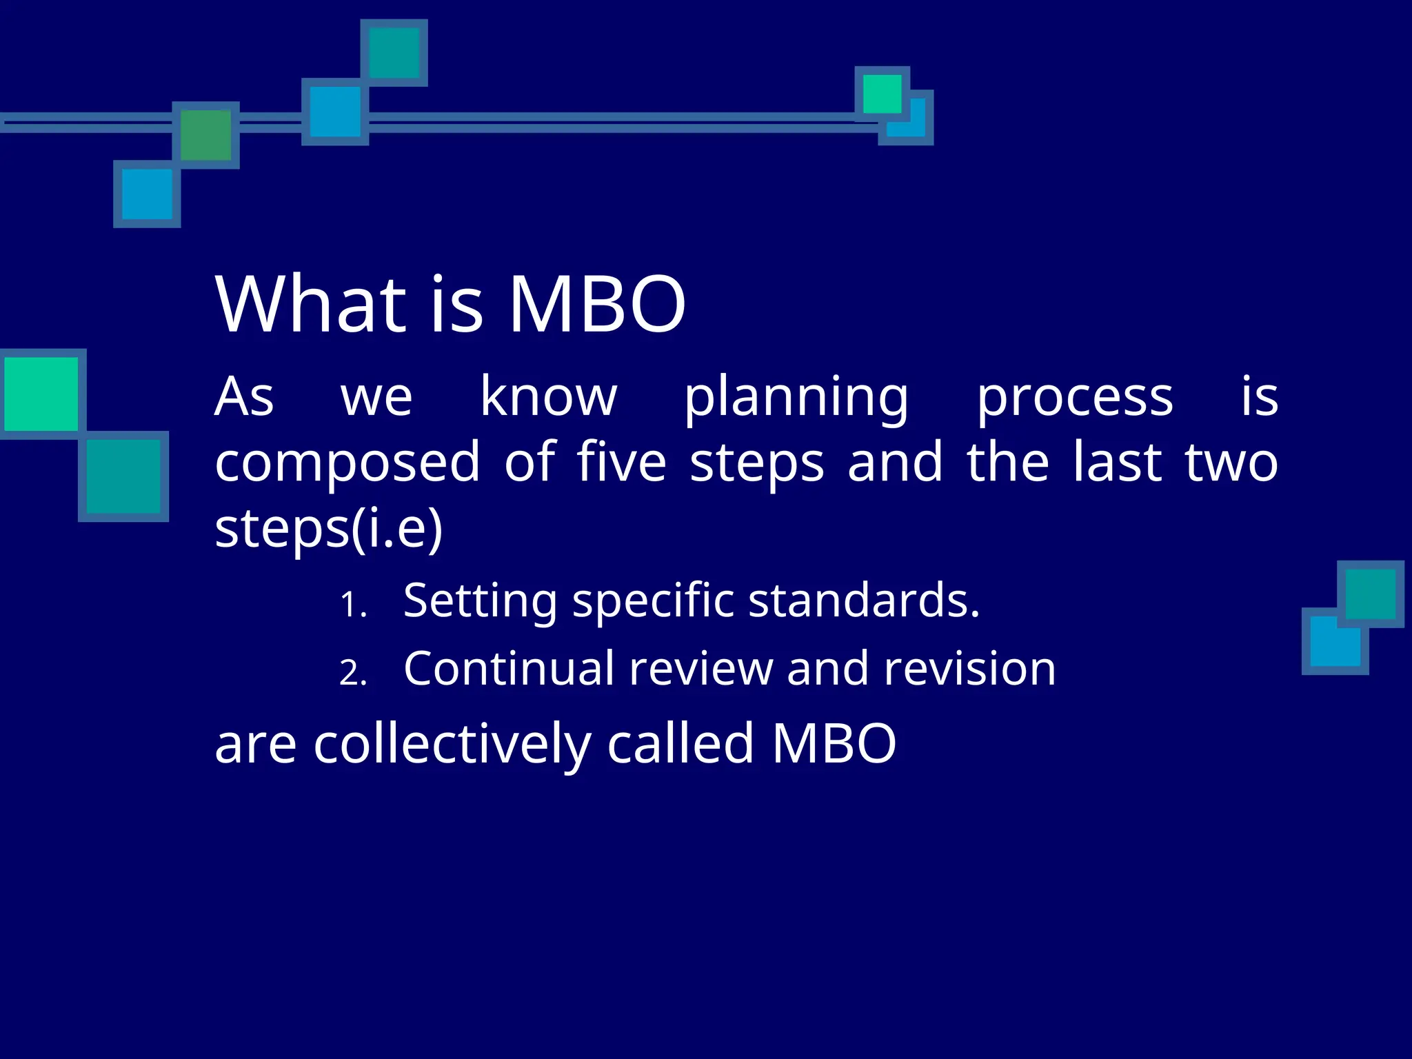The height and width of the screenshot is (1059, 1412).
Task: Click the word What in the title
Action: pyautogui.click(x=310, y=304)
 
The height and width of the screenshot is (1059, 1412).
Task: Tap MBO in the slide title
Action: pyautogui.click(x=596, y=304)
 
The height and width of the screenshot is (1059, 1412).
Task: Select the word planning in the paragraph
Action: pyautogui.click(x=796, y=398)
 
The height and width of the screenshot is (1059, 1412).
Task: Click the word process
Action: pyautogui.click(x=1075, y=398)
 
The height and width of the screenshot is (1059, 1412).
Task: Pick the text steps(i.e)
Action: pyautogui.click(x=328, y=529)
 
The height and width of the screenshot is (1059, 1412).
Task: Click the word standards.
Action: pyautogui.click(x=863, y=600)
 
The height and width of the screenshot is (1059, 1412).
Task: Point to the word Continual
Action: pyautogui.click(x=509, y=668)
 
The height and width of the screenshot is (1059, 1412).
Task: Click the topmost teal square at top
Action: pyautogui.click(x=394, y=53)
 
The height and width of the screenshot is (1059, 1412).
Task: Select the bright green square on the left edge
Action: pyautogui.click(x=41, y=394)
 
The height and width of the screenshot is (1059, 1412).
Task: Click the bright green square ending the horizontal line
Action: pyautogui.click(x=882, y=94)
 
